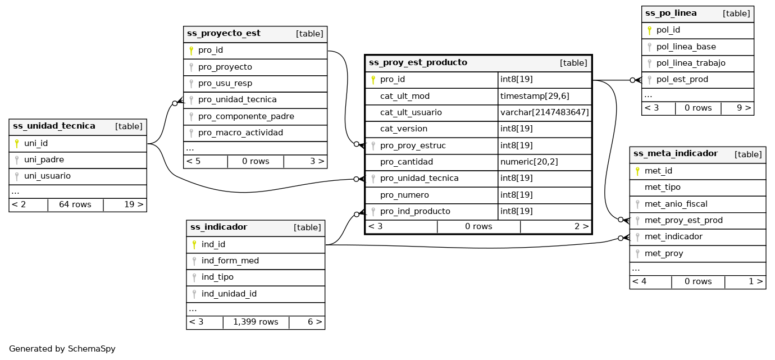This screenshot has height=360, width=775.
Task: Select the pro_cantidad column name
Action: pos(407,162)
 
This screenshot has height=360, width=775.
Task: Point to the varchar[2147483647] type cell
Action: pos(544,112)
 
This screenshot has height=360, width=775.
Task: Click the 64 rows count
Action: pos(75,204)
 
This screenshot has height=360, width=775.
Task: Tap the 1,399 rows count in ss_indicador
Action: pos(256,322)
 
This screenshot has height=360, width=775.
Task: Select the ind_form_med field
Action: pos(230,261)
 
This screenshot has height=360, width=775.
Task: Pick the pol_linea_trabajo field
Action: pos(691,63)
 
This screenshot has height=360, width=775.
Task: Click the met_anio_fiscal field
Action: pos(676,204)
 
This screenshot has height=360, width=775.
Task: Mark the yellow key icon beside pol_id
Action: pos(649,30)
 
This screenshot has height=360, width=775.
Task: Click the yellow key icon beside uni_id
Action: pos(17,144)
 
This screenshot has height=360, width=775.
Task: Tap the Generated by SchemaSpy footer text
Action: pos(62,349)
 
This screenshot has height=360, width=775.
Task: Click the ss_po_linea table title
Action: pos(671,13)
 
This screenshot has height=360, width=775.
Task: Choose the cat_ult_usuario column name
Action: pos(411,112)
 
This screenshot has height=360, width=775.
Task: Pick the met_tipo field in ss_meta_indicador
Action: pos(663,187)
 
